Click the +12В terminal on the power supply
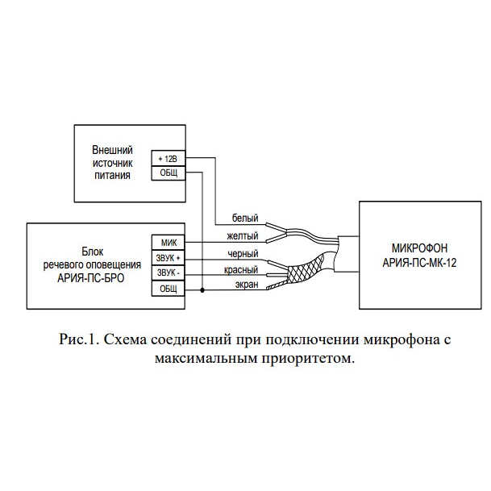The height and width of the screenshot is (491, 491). pyautogui.click(x=169, y=159)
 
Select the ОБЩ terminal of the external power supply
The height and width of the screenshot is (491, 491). pyautogui.click(x=169, y=173)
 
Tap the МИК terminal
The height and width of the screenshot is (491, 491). pyautogui.click(x=169, y=243)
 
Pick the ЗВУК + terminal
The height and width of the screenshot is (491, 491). pyautogui.click(x=169, y=258)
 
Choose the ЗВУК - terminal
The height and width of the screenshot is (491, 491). pyautogui.click(x=169, y=273)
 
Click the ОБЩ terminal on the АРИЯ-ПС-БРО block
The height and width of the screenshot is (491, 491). pyautogui.click(x=169, y=289)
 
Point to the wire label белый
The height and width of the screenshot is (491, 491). pyautogui.click(x=245, y=218)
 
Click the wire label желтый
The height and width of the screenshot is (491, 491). pyautogui.click(x=243, y=235)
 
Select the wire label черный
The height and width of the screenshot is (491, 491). pyautogui.click(x=243, y=254)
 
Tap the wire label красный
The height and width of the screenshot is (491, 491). pyautogui.click(x=241, y=270)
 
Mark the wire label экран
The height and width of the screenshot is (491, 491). pyautogui.click(x=247, y=285)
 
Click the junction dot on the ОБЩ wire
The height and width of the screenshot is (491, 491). pyautogui.click(x=202, y=290)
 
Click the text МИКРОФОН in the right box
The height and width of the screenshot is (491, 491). pyautogui.click(x=419, y=248)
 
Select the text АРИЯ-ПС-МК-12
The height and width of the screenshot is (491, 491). pyautogui.click(x=419, y=263)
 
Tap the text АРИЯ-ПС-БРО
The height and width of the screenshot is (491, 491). pyautogui.click(x=91, y=278)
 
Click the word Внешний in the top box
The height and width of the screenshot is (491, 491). pyautogui.click(x=112, y=150)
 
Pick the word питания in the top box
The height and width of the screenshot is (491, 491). pyautogui.click(x=112, y=176)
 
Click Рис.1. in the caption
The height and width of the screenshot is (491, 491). pyautogui.click(x=79, y=339)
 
